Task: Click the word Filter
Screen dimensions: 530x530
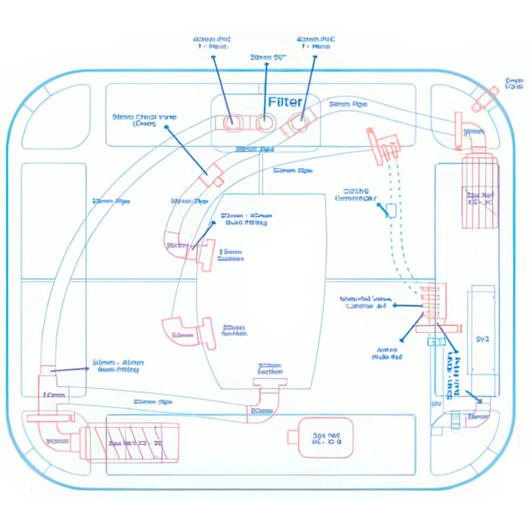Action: (285, 102)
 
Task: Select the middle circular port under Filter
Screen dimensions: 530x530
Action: (264, 122)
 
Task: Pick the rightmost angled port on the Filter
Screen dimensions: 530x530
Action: (297, 123)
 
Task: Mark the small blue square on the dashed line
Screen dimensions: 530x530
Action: (391, 210)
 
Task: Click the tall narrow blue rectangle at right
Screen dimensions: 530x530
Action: (482, 339)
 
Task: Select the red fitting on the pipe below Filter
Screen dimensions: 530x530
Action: (212, 175)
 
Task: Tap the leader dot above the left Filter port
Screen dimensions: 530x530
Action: (214, 55)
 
